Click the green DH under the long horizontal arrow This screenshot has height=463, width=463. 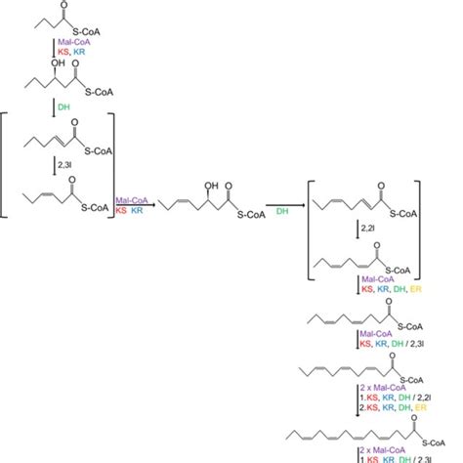(x=280, y=209)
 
